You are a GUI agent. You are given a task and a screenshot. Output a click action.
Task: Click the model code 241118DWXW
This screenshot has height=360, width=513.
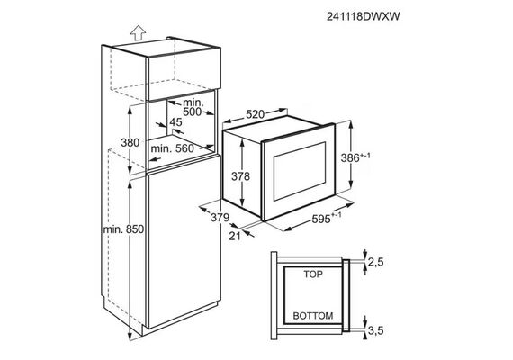[364, 16]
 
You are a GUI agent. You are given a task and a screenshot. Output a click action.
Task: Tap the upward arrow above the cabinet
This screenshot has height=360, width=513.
[138, 32]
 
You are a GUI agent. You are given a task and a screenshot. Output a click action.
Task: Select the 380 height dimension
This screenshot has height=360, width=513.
[130, 143]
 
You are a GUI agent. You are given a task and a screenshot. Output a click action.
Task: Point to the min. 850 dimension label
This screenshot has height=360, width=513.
[123, 229]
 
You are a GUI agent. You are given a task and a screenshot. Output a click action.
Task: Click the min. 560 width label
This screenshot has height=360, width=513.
[173, 148]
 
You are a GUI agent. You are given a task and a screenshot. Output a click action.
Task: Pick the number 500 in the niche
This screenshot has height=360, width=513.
[192, 112]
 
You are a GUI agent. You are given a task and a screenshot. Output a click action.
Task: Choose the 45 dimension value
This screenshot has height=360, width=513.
[175, 122]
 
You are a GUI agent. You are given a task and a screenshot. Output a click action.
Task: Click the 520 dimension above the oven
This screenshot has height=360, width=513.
[255, 114]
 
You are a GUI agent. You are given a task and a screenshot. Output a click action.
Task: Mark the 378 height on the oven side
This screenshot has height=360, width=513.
[240, 176]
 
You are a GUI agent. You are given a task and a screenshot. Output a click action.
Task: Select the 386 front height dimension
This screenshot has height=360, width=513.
[355, 157]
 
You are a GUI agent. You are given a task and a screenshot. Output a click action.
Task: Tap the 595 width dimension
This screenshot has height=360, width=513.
[327, 219]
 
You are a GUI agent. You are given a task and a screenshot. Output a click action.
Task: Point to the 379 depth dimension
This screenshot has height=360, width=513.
[220, 217]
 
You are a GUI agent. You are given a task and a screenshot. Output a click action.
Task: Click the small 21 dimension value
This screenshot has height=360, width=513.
[235, 236]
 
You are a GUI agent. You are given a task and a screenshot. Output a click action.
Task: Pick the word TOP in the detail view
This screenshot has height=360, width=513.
[313, 274]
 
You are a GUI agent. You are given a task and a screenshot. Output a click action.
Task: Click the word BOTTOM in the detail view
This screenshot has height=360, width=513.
[313, 316]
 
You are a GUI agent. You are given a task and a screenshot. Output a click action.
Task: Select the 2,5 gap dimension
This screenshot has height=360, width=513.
[375, 262]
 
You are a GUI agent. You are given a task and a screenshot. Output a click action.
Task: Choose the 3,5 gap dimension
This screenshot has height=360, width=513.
[375, 330]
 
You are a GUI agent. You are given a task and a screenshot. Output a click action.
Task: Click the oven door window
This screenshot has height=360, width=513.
[300, 172]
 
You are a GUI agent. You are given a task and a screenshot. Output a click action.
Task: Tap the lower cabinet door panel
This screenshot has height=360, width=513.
[184, 242]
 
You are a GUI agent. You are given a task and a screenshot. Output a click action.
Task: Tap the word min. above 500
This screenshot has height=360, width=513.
[193, 103]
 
